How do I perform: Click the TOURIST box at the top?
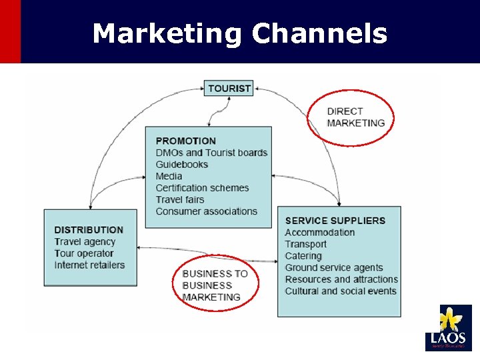tap(229, 88)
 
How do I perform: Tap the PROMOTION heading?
tap(185, 141)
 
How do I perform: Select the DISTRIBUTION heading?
tap(89, 230)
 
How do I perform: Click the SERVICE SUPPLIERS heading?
tap(335, 221)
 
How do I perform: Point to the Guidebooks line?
tap(182, 165)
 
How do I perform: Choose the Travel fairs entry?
tap(180, 200)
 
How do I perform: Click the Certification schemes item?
tap(202, 188)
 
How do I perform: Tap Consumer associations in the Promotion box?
tap(206, 211)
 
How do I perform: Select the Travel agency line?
tap(85, 242)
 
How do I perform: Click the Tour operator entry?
tap(84, 253)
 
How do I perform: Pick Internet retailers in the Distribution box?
tap(89, 265)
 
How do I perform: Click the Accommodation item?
tap(319, 233)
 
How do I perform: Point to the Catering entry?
tap(303, 256)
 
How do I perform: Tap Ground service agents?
tap(334, 268)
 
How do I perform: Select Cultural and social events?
tap(340, 291)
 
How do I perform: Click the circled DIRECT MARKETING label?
tap(355, 117)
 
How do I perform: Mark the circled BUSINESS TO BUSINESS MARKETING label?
tap(214, 285)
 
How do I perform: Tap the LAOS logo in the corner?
tap(448, 327)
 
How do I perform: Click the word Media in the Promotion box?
tap(169, 177)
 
